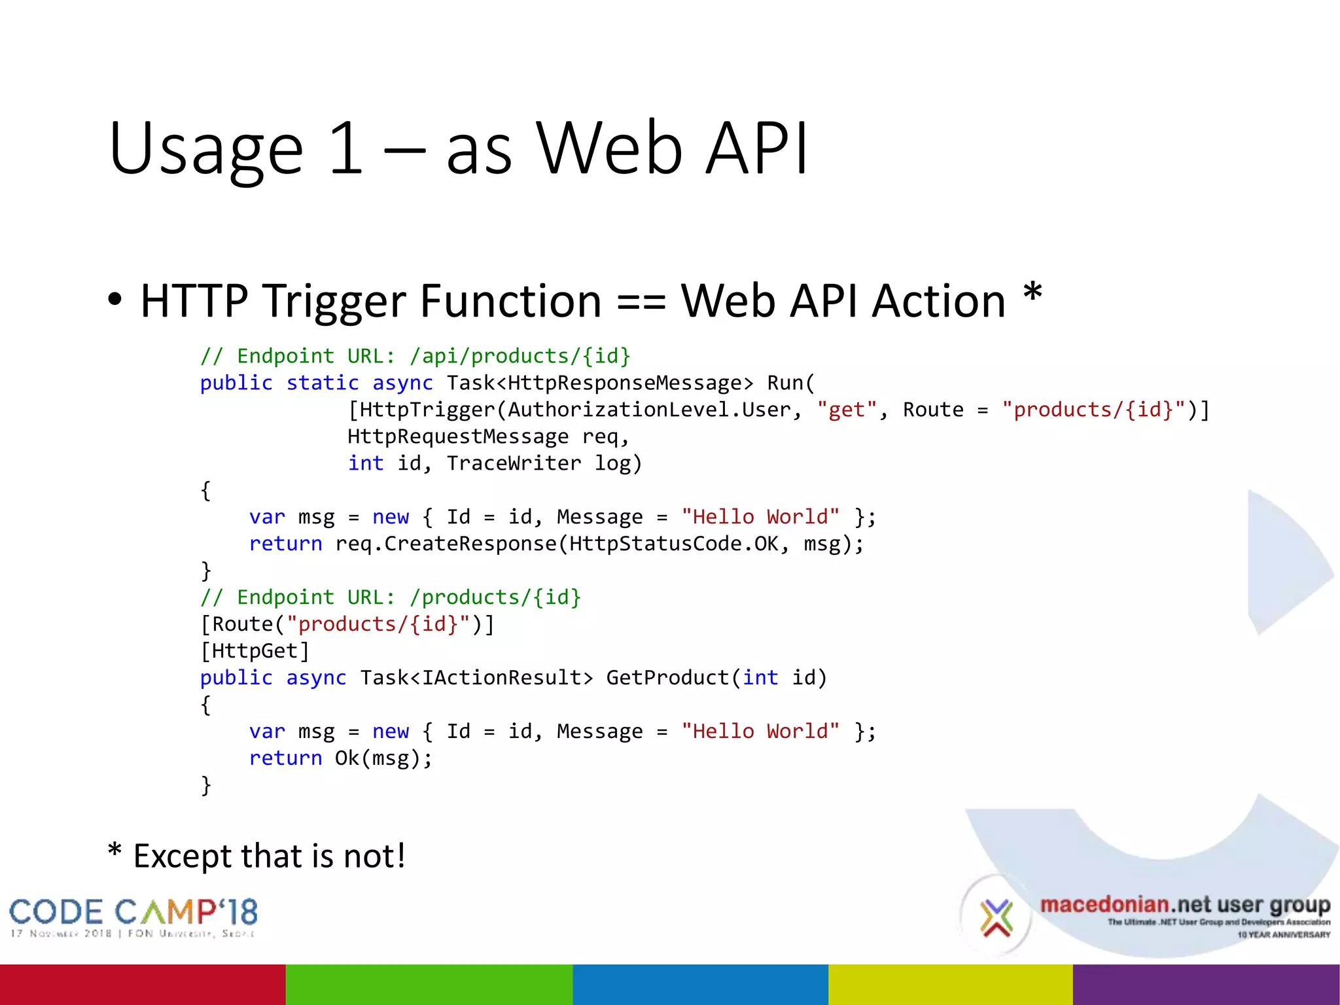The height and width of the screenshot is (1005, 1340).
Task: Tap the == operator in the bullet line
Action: [x=641, y=302]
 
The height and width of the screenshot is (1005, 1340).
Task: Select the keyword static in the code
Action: [x=323, y=383]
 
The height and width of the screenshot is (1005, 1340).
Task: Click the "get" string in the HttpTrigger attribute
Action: [x=847, y=410]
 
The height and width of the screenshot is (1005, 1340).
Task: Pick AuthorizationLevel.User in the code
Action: [x=650, y=410]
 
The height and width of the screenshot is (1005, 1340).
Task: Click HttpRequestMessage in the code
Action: [x=458, y=436]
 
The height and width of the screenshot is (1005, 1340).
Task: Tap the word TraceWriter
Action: [x=514, y=463]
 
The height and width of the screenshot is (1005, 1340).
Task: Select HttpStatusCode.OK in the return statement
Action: [x=674, y=544]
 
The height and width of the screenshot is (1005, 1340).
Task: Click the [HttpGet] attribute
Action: [x=255, y=651]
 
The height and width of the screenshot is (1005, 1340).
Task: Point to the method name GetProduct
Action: [x=667, y=678]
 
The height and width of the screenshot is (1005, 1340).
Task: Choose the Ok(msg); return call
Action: [x=383, y=758]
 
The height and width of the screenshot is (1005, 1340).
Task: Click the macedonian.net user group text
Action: [x=1185, y=906]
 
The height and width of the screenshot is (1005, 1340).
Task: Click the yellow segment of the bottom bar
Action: [x=950, y=984]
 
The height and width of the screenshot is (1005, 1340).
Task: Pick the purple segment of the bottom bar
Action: [x=1206, y=984]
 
